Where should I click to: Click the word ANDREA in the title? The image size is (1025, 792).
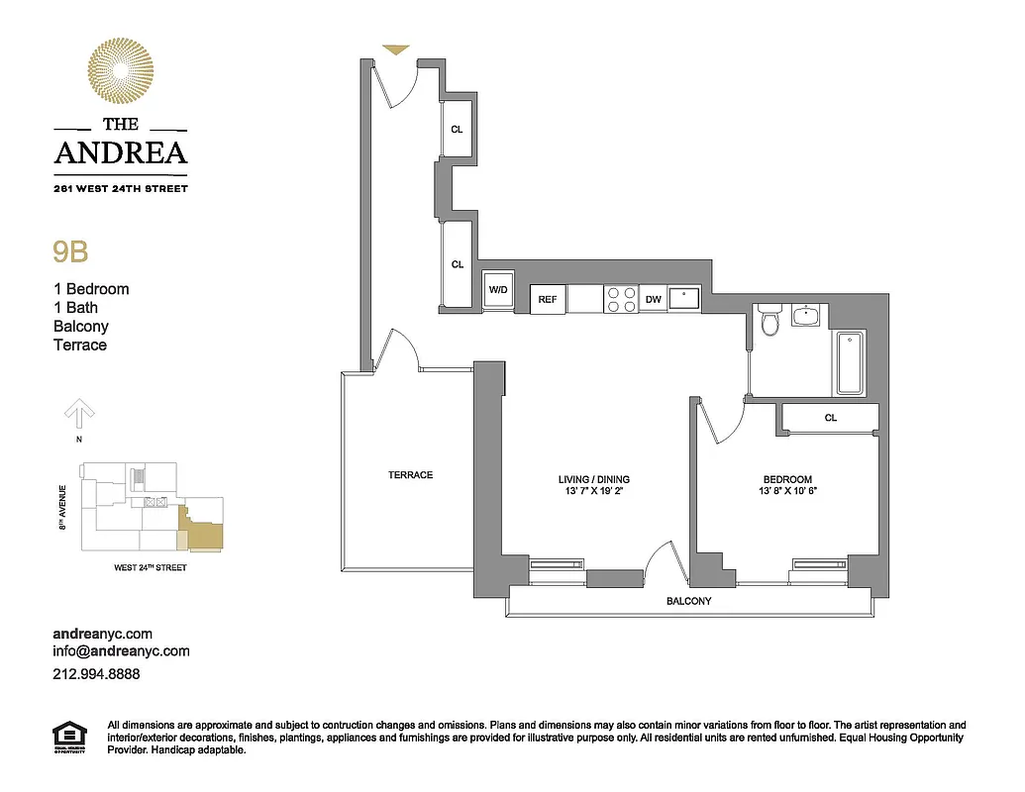pyautogui.click(x=120, y=152)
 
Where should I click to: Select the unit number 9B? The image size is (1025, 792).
pyautogui.click(x=70, y=252)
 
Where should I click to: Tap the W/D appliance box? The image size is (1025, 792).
pyautogui.click(x=497, y=290)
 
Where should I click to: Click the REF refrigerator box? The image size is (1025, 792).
pyautogui.click(x=547, y=298)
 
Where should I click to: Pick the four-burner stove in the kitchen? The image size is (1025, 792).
pyautogui.click(x=621, y=299)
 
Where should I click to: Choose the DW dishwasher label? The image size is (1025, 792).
pyautogui.click(x=653, y=299)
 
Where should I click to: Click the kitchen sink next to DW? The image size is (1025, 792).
pyautogui.click(x=684, y=297)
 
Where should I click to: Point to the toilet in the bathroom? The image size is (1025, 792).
pyautogui.click(x=769, y=319)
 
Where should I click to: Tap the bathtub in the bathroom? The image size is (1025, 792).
pyautogui.click(x=851, y=363)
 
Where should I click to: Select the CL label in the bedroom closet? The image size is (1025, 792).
pyautogui.click(x=830, y=418)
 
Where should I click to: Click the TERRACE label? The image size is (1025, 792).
pyautogui.click(x=410, y=475)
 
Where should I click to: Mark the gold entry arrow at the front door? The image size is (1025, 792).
pyautogui.click(x=395, y=49)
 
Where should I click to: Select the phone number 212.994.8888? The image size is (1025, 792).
pyautogui.click(x=96, y=673)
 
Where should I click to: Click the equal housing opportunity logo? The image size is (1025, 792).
pyautogui.click(x=66, y=738)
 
